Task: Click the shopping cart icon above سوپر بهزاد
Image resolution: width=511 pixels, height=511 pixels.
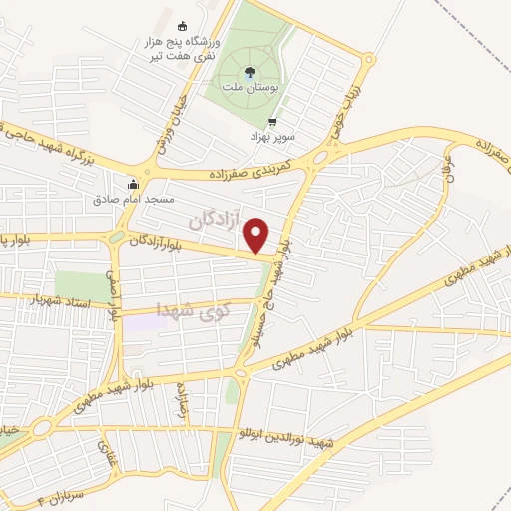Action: [272, 122]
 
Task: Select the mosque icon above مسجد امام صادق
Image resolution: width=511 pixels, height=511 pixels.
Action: [133, 184]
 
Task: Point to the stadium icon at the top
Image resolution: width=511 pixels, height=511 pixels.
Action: [181, 26]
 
